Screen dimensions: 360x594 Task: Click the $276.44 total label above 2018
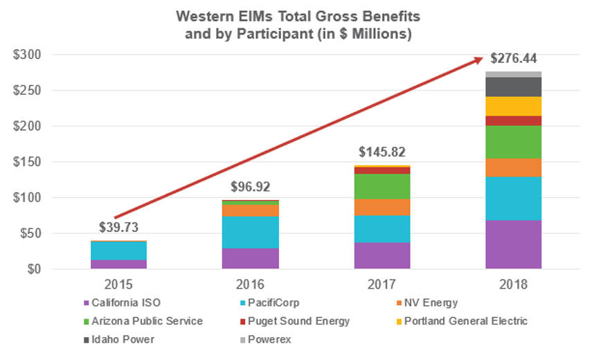(513, 58)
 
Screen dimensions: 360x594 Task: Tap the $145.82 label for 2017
(381, 152)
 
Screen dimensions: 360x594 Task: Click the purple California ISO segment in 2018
(513, 244)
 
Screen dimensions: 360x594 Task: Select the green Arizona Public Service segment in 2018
(513, 142)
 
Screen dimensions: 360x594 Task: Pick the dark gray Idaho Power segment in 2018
(513, 87)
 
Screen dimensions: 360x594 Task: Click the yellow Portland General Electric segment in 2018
(513, 106)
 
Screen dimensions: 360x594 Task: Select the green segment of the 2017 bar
(381, 186)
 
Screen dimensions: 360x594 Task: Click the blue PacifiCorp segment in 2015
(118, 251)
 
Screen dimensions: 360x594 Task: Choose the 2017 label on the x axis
(381, 285)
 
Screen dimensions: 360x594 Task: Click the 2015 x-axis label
(118, 285)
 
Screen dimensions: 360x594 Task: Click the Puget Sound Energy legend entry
(313, 321)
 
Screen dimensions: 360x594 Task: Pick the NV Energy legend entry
(429, 303)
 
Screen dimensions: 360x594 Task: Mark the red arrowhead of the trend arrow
(477, 60)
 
